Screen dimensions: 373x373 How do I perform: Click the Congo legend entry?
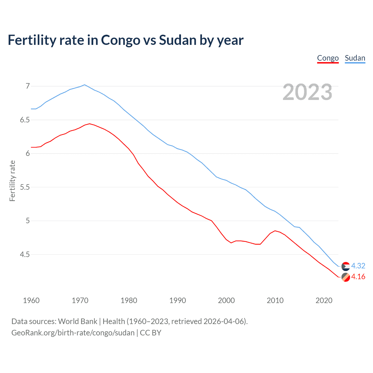[x=328, y=58]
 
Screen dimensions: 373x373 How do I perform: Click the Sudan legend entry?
[x=355, y=58]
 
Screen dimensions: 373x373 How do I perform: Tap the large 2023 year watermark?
[x=307, y=92]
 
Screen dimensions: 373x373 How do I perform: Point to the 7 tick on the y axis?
[x=28, y=86]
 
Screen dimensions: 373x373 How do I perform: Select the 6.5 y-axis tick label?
[x=25, y=120]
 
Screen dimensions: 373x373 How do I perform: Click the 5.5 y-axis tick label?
[x=25, y=187]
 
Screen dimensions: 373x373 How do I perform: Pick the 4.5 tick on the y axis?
[x=25, y=254]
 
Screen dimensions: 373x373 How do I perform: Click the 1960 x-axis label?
[x=31, y=300]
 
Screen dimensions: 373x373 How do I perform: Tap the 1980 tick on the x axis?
[x=129, y=300]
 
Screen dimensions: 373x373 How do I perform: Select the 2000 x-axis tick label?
[x=226, y=300]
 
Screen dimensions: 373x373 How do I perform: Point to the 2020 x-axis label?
[x=324, y=300]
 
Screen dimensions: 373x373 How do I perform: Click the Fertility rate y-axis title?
[x=12, y=181]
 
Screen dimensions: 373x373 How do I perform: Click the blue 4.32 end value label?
[x=358, y=266]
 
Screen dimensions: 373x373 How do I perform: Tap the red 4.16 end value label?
[x=358, y=277]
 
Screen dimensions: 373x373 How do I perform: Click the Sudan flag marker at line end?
[x=346, y=266]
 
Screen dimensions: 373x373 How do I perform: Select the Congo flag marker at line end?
[x=346, y=277]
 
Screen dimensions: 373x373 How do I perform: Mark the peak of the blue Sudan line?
[x=85, y=85]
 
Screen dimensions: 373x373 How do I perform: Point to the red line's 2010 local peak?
[x=275, y=231]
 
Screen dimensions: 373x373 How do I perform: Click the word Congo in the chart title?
[x=120, y=40]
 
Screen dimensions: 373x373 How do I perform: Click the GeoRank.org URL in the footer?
[x=73, y=332]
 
